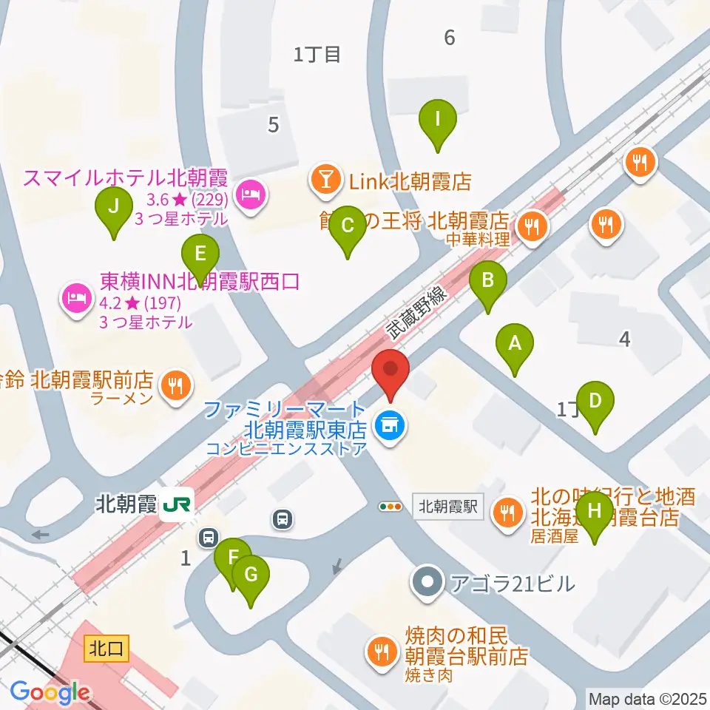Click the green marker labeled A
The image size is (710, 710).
point(515,344)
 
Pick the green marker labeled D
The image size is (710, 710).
point(595,402)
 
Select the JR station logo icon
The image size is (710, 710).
point(178,504)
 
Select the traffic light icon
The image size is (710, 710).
point(390,507)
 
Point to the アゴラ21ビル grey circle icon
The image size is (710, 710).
point(427,584)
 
